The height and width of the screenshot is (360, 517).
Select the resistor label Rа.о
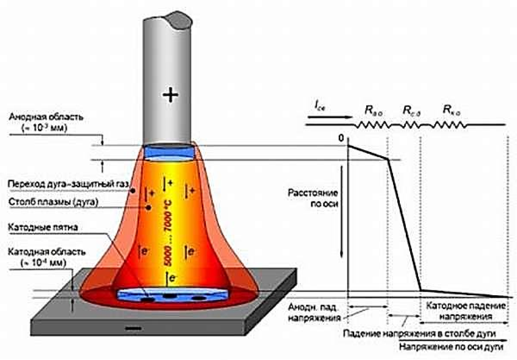coord(374,110)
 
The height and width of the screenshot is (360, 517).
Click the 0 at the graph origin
coord(342,140)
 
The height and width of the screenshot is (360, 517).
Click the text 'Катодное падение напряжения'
coord(466,311)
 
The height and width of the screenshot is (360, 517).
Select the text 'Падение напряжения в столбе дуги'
coord(418,334)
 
